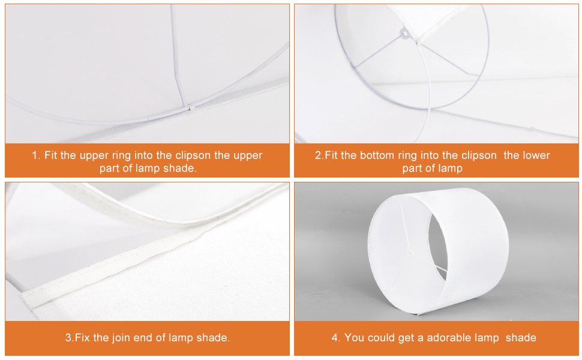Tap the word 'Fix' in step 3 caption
(x=83, y=337)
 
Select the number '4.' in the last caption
(x=335, y=337)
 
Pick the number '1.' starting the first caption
(x=36, y=155)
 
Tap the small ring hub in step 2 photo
(x=404, y=34)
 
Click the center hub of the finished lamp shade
(x=411, y=253)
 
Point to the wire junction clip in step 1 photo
(x=191, y=108)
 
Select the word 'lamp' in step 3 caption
(x=181, y=338)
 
